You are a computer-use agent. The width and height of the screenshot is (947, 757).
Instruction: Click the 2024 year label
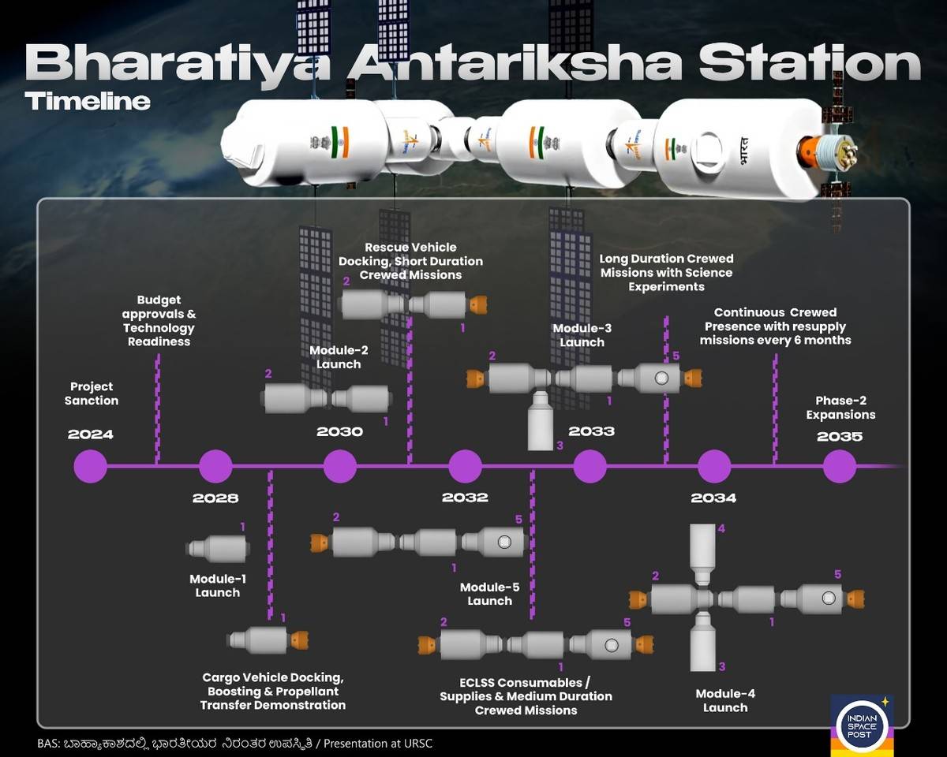(x=91, y=434)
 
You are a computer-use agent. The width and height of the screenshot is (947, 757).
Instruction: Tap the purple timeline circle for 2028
(x=215, y=466)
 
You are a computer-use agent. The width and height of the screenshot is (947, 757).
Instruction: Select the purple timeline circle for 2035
(x=840, y=466)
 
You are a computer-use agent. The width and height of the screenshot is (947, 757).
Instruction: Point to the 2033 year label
(x=591, y=431)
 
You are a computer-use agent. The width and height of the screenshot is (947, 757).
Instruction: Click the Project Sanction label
(x=92, y=393)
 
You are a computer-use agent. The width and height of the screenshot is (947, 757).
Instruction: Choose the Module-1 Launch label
(x=218, y=585)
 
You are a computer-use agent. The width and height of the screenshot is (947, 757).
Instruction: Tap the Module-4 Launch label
(x=725, y=701)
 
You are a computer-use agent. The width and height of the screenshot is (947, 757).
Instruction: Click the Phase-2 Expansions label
(x=840, y=408)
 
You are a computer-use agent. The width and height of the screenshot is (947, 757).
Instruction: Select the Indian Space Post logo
(x=862, y=725)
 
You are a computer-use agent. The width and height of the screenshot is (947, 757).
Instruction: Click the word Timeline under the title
(x=88, y=101)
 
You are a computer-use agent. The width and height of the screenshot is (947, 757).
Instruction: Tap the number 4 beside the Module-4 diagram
(x=721, y=528)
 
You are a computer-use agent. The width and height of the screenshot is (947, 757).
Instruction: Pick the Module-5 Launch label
(x=490, y=594)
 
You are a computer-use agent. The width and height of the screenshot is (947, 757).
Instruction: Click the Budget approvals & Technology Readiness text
(x=159, y=321)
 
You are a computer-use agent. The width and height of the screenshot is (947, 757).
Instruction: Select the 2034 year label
(x=713, y=498)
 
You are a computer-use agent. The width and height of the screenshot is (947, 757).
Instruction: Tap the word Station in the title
(x=809, y=63)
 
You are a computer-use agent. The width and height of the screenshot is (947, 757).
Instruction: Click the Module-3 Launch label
(x=582, y=334)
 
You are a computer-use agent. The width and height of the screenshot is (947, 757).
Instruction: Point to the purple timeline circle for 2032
(x=465, y=466)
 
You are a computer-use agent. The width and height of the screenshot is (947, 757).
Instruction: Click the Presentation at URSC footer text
(x=378, y=744)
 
